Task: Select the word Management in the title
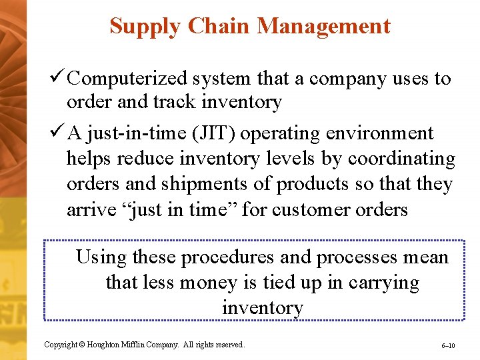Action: click(323, 27)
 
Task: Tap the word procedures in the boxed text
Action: click(227, 257)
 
